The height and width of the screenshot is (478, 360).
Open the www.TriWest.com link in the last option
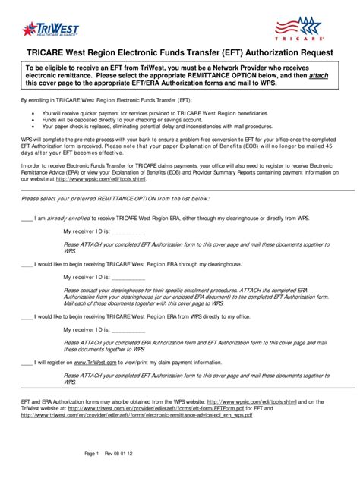pyautogui.click(x=96, y=363)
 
